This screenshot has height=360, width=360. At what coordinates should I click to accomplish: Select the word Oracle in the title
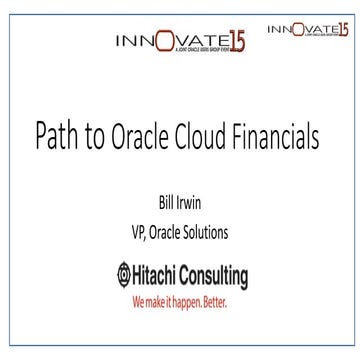point(136,135)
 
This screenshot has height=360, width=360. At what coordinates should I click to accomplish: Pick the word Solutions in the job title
point(207,233)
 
